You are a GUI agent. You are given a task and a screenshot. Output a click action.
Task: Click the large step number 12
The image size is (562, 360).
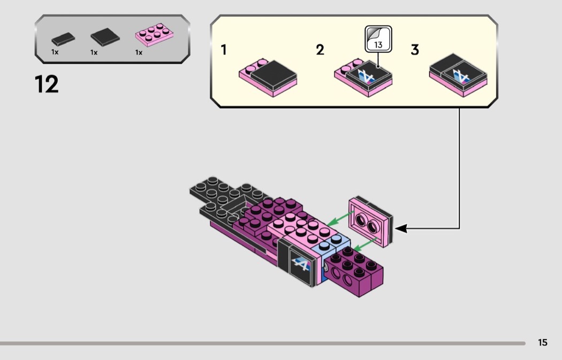click(x=47, y=84)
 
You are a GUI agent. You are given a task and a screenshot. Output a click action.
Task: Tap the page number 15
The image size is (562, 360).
click(x=543, y=342)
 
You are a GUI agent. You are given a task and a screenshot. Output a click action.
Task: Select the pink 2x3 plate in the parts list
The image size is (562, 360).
click(x=154, y=35)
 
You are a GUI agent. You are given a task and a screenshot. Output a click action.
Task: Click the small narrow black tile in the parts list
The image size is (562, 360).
click(x=63, y=39)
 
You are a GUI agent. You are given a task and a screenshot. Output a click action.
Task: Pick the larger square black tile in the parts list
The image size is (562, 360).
click(x=105, y=37)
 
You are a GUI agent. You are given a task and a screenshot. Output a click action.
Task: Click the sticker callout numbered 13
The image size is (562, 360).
click(x=378, y=39)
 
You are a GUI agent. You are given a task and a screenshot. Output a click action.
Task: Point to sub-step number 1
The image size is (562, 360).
click(x=224, y=50)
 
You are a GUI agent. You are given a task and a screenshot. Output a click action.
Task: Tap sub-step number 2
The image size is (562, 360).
click(x=320, y=50)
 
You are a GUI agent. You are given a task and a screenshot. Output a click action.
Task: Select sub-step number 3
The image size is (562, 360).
click(x=415, y=50)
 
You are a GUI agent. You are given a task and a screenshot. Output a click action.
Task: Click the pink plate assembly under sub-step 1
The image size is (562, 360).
click(x=268, y=78)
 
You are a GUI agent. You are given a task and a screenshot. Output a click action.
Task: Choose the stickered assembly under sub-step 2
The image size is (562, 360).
click(x=363, y=78)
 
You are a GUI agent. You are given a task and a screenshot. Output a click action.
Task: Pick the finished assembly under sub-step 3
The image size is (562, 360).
click(x=458, y=75)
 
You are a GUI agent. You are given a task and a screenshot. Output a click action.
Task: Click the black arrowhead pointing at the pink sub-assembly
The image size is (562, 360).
click(x=401, y=228)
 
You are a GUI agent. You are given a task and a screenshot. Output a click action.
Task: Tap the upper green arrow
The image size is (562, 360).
click(x=340, y=218)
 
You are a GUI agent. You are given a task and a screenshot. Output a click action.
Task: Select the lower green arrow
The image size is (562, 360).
click(x=364, y=243)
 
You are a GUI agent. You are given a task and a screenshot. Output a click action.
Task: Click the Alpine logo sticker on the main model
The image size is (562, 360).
click(x=301, y=264)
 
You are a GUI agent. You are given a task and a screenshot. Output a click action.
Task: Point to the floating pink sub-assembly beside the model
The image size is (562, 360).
click(x=370, y=221)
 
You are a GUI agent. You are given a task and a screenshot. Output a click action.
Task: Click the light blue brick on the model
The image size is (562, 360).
click(x=330, y=245)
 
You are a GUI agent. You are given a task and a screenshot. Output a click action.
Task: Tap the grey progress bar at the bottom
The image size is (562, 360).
click(x=263, y=343)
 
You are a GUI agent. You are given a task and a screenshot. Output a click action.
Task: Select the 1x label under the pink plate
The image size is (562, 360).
click(x=139, y=52)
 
